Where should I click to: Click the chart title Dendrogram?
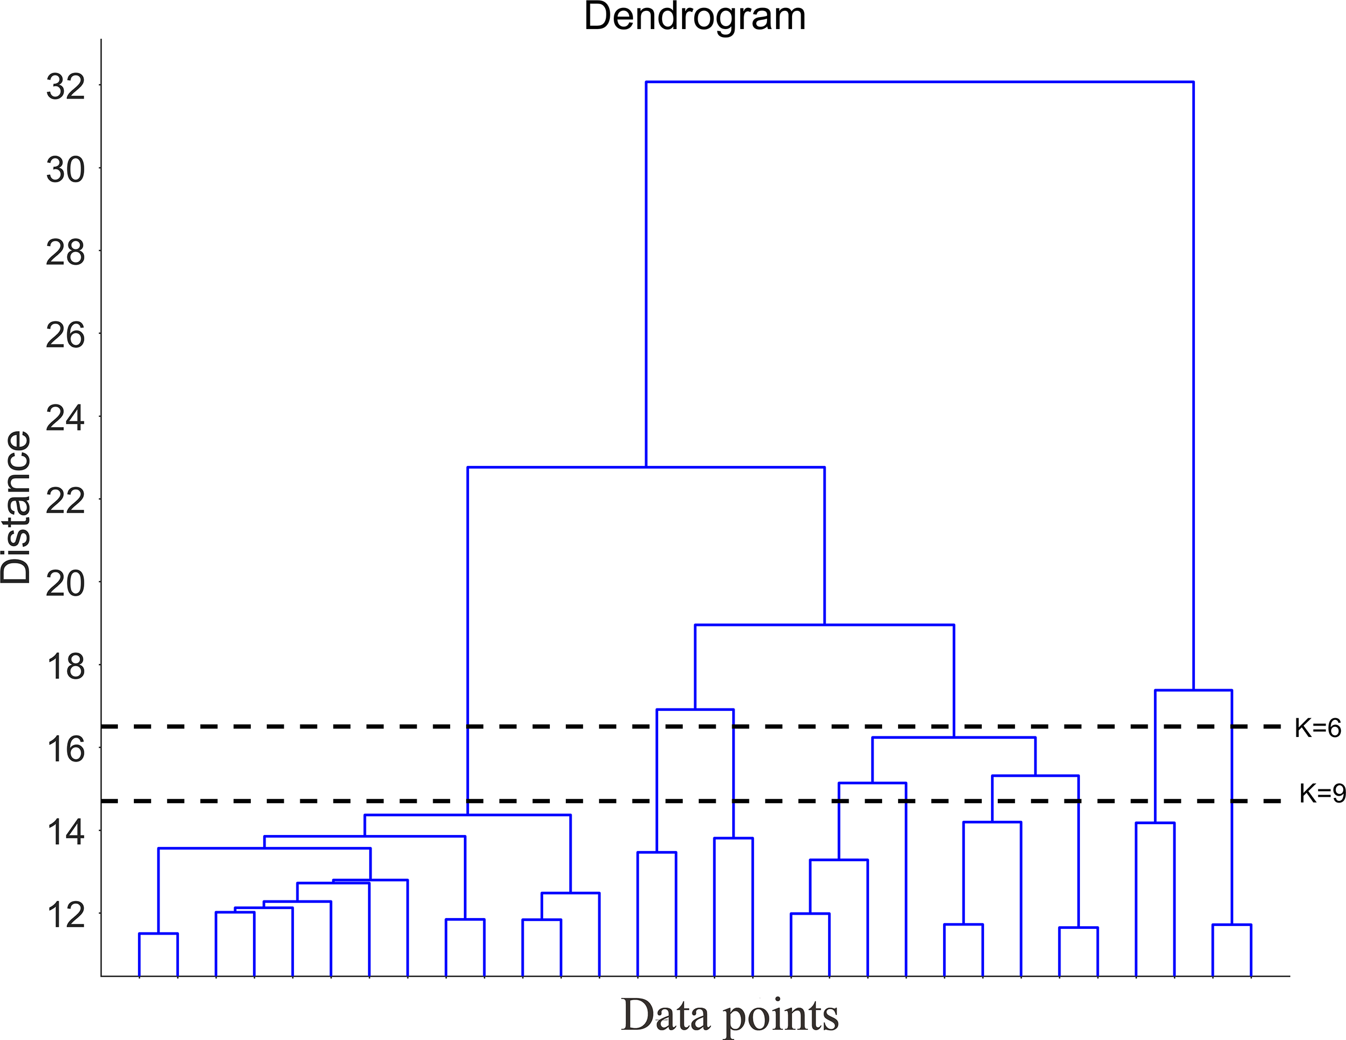[x=695, y=17]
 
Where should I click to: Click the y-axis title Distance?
[x=17, y=507]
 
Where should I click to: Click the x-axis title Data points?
[x=729, y=1015]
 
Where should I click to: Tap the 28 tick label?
[x=66, y=253]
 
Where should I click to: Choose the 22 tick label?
[x=66, y=501]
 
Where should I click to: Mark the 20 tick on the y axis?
[x=66, y=583]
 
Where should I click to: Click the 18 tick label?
[x=66, y=666]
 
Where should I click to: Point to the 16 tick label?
[x=66, y=749]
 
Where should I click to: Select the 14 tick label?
[x=66, y=832]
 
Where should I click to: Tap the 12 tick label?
[x=66, y=915]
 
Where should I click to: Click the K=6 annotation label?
[x=1318, y=728]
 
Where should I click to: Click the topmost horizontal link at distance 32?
[x=920, y=81]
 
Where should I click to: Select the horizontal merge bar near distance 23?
[x=646, y=468]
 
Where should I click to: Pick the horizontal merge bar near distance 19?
[x=824, y=625]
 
